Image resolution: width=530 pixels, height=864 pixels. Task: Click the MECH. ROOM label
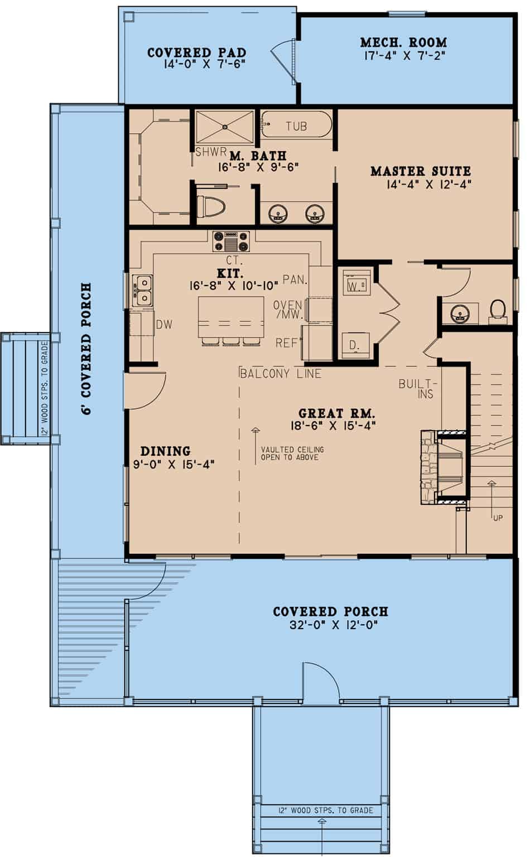pyautogui.click(x=403, y=42)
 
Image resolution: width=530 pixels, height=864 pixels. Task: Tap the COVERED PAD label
pyautogui.click(x=197, y=52)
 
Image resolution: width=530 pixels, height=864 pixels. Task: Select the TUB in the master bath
pyautogui.click(x=296, y=124)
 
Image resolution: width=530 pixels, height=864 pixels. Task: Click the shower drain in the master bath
pyautogui.click(x=224, y=127)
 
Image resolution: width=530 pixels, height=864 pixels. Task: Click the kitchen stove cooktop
pyautogui.click(x=231, y=241)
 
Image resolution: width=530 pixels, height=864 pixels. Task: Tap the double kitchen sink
pyautogui.click(x=141, y=290)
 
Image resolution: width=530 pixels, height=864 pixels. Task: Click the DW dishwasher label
pyautogui.click(x=164, y=325)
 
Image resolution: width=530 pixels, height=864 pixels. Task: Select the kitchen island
pyautogui.click(x=231, y=317)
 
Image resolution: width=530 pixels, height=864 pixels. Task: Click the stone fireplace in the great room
pyautogui.click(x=444, y=467)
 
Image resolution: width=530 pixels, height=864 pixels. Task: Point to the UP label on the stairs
pyautogui.click(x=498, y=518)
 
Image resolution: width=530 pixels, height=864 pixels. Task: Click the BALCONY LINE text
pyautogui.click(x=281, y=373)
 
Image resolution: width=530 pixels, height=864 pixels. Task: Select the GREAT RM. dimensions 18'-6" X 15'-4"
pyautogui.click(x=333, y=425)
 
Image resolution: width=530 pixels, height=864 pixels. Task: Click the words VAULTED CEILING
pyautogui.click(x=292, y=450)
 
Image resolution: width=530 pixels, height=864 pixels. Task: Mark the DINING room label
pyautogui.click(x=165, y=451)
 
